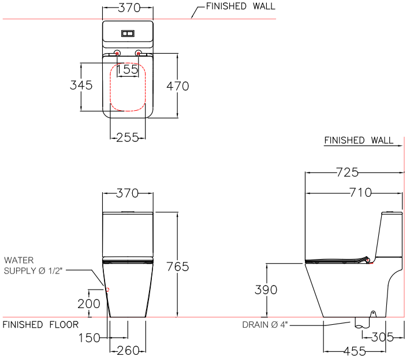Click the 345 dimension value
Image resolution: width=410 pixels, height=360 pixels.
(81, 85)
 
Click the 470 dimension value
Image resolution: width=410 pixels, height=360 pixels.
(177, 86)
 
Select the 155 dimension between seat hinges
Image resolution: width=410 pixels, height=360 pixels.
(128, 70)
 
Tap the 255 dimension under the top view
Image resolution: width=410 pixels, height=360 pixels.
(128, 137)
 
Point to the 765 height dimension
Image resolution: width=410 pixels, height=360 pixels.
(177, 266)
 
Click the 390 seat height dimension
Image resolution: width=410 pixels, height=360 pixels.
(266, 290)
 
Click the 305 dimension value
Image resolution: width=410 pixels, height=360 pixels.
(382, 337)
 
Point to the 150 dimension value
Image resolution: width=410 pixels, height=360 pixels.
(88, 337)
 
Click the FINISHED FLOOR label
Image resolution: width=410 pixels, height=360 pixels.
(40, 325)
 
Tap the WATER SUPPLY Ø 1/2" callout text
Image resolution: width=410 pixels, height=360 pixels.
(28, 265)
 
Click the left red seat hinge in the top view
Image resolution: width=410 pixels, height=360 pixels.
(117, 54)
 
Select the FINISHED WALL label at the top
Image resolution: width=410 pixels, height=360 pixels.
(241, 7)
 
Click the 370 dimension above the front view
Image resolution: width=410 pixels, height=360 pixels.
(128, 194)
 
